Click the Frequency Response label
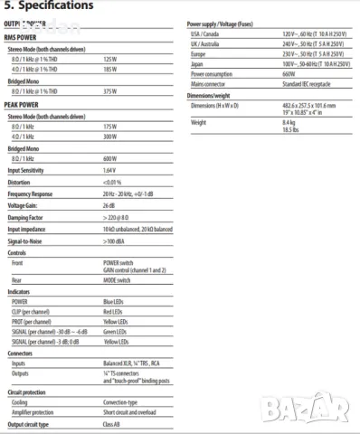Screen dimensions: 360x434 click(x=32, y=194)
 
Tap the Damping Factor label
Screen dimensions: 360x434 click(x=26, y=218)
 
